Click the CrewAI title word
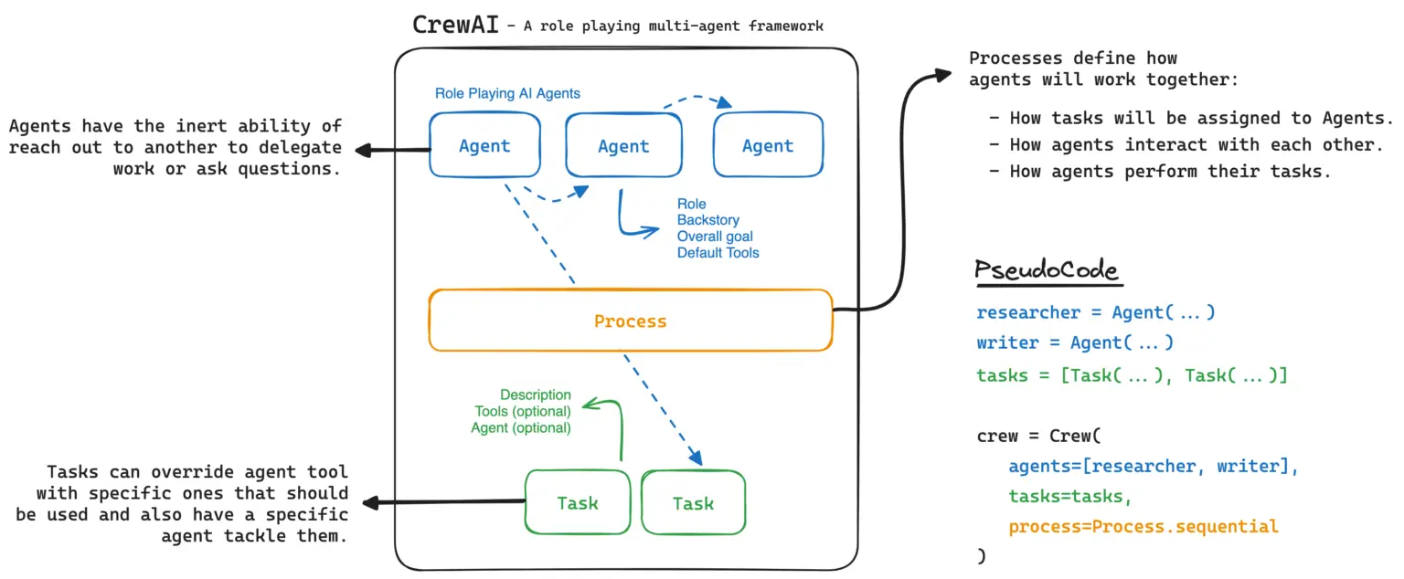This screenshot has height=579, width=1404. point(455,24)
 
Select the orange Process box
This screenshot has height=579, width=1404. point(631,321)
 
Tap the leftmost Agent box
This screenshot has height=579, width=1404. point(484,145)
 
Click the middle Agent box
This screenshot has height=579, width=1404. point(623,145)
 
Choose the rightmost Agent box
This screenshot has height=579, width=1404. point(768,145)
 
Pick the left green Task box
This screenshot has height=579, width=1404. point(578,502)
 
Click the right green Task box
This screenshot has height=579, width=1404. point(693,503)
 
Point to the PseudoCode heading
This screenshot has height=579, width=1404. point(1046,270)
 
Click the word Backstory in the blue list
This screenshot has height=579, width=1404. point(708,220)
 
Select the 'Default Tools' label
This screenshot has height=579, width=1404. point(718,253)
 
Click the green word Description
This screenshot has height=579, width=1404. point(536,395)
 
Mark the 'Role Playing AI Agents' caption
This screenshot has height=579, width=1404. point(507,93)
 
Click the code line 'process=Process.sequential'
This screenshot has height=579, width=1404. point(1143,527)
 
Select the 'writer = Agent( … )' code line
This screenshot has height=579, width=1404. point(1075,343)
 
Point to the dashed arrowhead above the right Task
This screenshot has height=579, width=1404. point(697,457)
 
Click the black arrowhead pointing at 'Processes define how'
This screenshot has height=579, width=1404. point(941,76)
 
